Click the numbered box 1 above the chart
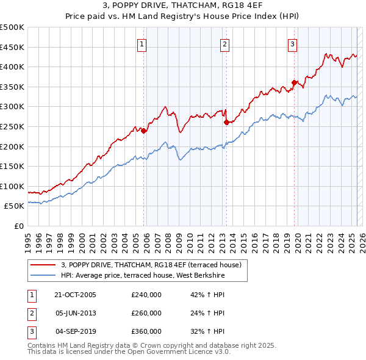tap(142, 43)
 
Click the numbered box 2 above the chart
tap(224, 43)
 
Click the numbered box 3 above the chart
tap(292, 43)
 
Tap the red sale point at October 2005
tap(144, 131)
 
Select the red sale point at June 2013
tap(226, 122)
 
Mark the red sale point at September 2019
tap(294, 82)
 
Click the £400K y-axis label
tap(12, 67)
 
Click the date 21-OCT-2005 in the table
tap(76, 295)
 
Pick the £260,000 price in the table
tap(146, 313)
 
